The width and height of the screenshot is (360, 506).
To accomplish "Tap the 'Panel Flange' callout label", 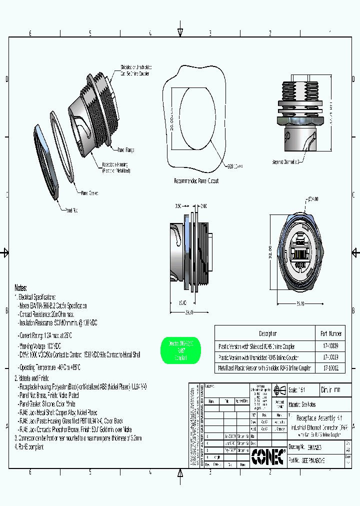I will point(126,150).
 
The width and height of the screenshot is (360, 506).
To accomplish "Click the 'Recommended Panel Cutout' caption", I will point(196,181).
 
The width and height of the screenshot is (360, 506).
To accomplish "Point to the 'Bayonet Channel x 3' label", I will point(285,162).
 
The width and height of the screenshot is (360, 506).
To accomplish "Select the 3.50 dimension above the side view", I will point(178,205).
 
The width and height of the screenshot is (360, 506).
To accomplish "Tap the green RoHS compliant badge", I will point(181,350).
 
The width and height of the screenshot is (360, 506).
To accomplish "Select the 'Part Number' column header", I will point(330,333).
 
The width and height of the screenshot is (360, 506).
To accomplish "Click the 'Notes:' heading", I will point(21,288).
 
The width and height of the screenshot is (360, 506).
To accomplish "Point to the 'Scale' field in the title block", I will point(298,390).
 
